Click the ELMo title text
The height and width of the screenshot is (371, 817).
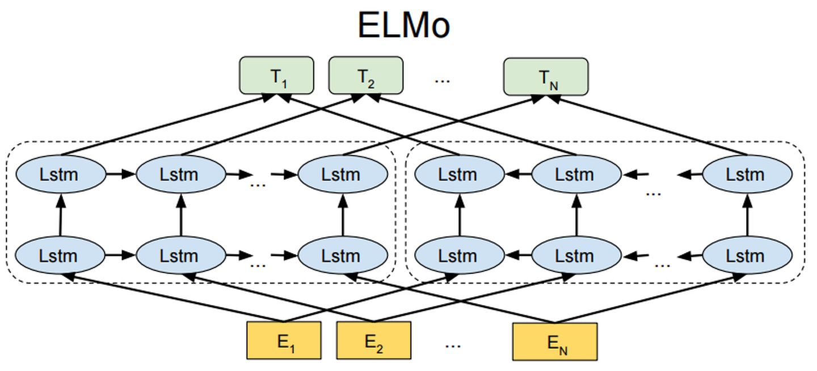click(403, 25)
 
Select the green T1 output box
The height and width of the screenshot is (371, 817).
click(276, 75)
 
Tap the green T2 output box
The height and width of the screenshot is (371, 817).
click(366, 75)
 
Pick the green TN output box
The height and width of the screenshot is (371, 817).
click(546, 76)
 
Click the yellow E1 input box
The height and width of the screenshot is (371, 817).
click(284, 340)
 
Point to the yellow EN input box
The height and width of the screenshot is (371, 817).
click(554, 342)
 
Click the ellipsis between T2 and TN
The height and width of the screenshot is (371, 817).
click(442, 79)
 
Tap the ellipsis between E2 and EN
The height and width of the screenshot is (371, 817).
click(452, 344)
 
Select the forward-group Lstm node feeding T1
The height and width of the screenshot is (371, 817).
click(60, 174)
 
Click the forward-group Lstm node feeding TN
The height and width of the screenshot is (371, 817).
click(342, 174)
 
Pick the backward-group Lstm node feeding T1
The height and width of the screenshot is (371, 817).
click(459, 174)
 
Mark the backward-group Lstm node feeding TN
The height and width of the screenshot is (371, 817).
click(747, 174)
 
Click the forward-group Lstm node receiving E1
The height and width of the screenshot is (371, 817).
click(60, 255)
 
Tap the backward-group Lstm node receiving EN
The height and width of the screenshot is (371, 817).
click(747, 255)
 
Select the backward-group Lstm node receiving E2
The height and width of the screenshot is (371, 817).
click(575, 255)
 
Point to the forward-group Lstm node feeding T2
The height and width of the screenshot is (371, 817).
click(181, 174)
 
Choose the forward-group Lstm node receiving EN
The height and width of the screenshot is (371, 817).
click(342, 255)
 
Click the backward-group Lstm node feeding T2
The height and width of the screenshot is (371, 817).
click(575, 174)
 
